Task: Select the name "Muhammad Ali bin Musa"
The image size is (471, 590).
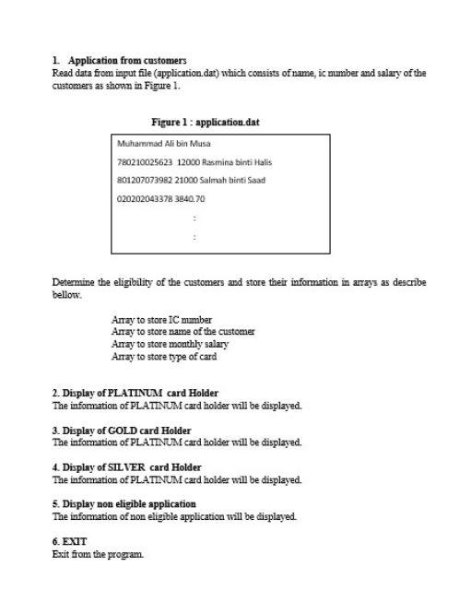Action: (164, 144)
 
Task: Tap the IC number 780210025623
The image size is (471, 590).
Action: (145, 162)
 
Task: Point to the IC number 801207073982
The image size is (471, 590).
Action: (145, 180)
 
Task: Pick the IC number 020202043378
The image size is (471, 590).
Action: (145, 198)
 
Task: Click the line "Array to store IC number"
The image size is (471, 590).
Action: (161, 320)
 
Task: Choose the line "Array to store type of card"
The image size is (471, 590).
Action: (164, 356)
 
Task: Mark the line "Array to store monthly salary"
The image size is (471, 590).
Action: (170, 344)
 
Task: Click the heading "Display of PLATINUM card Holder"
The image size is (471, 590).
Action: (140, 394)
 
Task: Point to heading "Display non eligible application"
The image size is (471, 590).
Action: (129, 504)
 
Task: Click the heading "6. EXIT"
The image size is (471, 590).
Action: (69, 541)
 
